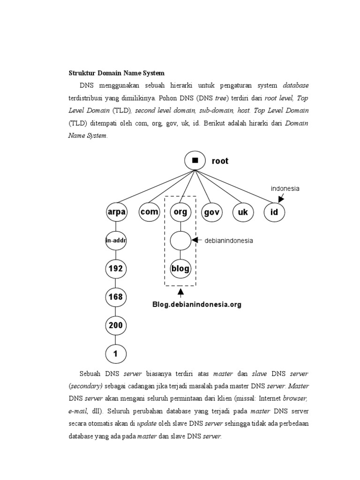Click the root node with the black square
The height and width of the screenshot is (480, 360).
(195, 161)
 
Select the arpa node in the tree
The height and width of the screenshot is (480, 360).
(116, 212)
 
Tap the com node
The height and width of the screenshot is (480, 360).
(149, 212)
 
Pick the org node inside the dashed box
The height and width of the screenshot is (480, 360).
(180, 212)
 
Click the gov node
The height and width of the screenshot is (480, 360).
(211, 212)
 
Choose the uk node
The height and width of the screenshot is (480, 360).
(243, 212)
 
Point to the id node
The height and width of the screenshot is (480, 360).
(274, 212)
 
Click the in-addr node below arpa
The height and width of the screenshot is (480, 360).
(116, 241)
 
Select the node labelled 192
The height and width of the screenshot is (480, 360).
(116, 269)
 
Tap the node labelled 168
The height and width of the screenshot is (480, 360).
(116, 297)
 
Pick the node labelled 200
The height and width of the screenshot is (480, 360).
(116, 325)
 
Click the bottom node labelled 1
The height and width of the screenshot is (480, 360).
(116, 354)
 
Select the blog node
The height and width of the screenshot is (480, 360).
(180, 269)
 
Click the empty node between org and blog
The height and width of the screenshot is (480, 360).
(180, 241)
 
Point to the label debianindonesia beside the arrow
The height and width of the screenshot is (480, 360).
(229, 241)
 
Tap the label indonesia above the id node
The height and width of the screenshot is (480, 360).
(285, 188)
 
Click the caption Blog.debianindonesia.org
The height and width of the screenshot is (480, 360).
(197, 305)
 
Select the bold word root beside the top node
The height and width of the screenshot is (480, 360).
(220, 161)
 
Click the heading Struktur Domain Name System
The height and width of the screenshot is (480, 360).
(117, 73)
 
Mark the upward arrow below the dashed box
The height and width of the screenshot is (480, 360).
(180, 292)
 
